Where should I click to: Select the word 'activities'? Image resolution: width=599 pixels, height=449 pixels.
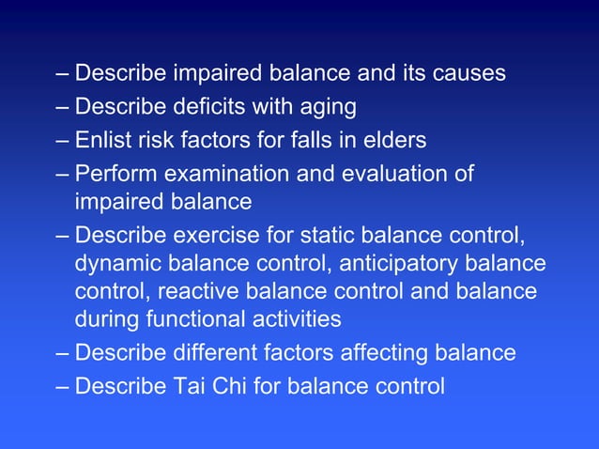coord(296,320)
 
